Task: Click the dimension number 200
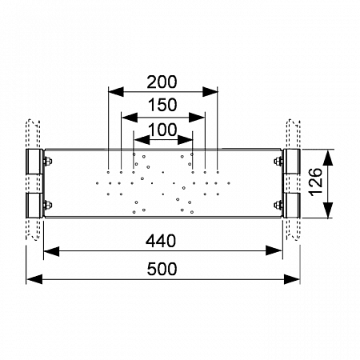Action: point(162,82)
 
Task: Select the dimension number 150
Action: point(162,105)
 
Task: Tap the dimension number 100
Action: point(162,130)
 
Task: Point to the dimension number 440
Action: point(161,241)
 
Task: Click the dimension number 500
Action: point(162,269)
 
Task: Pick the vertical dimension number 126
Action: point(316,182)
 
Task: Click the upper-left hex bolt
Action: point(47,162)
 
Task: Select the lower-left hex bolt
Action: point(47,205)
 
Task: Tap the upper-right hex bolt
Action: point(278,161)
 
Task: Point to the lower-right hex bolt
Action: point(278,205)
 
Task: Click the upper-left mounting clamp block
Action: point(34,162)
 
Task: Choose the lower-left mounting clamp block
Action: point(34,206)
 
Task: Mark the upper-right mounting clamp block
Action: point(291,162)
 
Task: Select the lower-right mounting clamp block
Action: point(291,206)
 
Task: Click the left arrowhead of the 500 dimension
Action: point(34,279)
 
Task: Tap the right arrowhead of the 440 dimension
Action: point(274,250)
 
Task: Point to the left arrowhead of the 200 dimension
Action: point(116,92)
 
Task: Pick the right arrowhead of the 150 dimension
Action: point(197,118)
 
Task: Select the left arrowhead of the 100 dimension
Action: point(142,140)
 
